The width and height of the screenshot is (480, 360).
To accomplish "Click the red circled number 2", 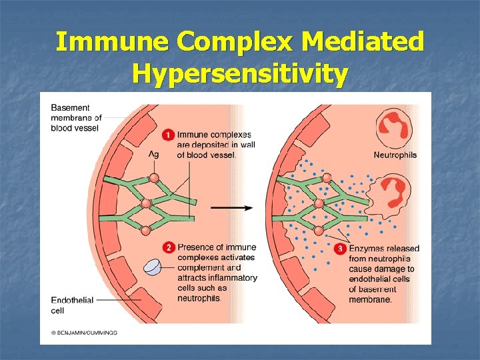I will pos(169,247).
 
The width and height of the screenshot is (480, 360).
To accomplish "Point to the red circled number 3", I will pos(341,248).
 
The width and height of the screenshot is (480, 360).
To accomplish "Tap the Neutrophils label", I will pos(395,155).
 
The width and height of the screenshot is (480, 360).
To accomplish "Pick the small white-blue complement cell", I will pos(154,267).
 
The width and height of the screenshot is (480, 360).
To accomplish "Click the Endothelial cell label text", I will pos(72,305).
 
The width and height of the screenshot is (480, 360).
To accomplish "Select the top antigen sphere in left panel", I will pos(155,178).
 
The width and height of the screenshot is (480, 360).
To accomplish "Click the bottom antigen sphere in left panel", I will pos(146,230).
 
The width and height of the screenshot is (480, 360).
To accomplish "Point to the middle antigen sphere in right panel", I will pos(319,204).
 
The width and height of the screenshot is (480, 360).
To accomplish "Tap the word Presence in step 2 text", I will pos(195,247).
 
